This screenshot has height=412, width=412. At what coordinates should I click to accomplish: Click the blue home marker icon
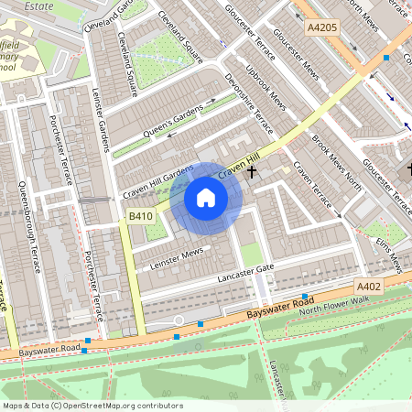[x=206, y=198]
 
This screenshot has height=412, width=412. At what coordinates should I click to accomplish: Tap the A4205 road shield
[x=321, y=27]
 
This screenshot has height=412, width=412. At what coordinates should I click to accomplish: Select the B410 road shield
[x=139, y=216]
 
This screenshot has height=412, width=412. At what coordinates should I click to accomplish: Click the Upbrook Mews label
[x=266, y=92]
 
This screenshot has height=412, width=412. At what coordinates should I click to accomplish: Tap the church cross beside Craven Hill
[x=251, y=171]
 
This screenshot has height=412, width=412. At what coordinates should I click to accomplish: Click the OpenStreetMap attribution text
[x=92, y=406]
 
